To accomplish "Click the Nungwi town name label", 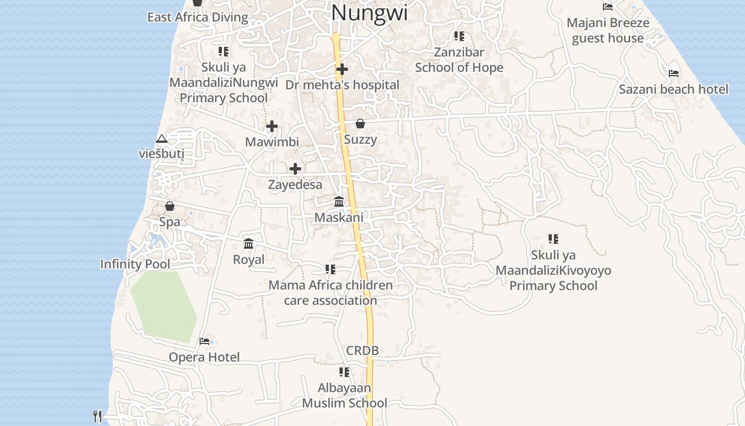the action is click(x=369, y=13).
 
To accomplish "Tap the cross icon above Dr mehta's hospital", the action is click(x=342, y=69).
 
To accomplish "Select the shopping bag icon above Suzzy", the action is click(x=360, y=124).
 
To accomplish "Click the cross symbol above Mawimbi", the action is click(x=272, y=126).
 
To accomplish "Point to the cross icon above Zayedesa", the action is click(x=295, y=169).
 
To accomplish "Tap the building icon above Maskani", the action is click(x=339, y=201).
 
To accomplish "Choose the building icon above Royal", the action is click(x=249, y=243).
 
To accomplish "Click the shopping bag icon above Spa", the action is click(x=170, y=206).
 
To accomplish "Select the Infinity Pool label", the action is click(x=135, y=264).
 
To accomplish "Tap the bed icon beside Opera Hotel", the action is click(x=204, y=341).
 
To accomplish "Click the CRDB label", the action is click(x=362, y=351).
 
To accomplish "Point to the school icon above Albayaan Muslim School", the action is click(x=344, y=372).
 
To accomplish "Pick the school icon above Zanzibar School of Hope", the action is click(x=459, y=36).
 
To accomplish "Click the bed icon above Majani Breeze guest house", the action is click(x=608, y=7).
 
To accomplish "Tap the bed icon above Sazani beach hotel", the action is click(x=674, y=73).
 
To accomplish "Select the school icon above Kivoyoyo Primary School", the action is click(x=553, y=239).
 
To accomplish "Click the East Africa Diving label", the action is click(x=197, y=17).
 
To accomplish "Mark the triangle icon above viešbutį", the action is click(x=162, y=139).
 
